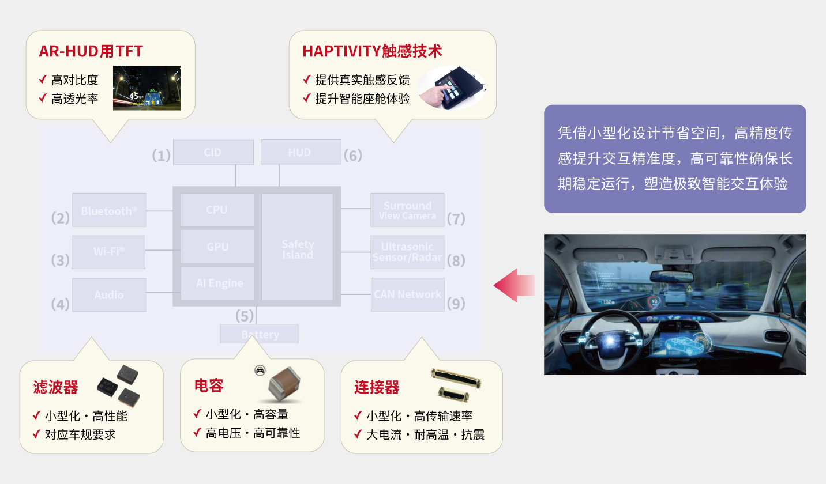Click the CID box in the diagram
[213, 152]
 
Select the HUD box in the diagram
[300, 152]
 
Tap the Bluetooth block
[109, 210]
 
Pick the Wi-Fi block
[108, 252]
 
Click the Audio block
[109, 294]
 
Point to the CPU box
[217, 210]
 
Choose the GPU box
[217, 247]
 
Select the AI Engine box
[217, 283]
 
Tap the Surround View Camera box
[407, 210]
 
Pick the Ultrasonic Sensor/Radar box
[407, 252]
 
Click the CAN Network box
[407, 294]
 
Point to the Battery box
[260, 334]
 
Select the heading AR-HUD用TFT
[91, 51]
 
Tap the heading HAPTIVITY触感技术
[372, 51]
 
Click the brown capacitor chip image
[281, 385]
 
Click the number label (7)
[456, 219]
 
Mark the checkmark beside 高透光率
[42, 98]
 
